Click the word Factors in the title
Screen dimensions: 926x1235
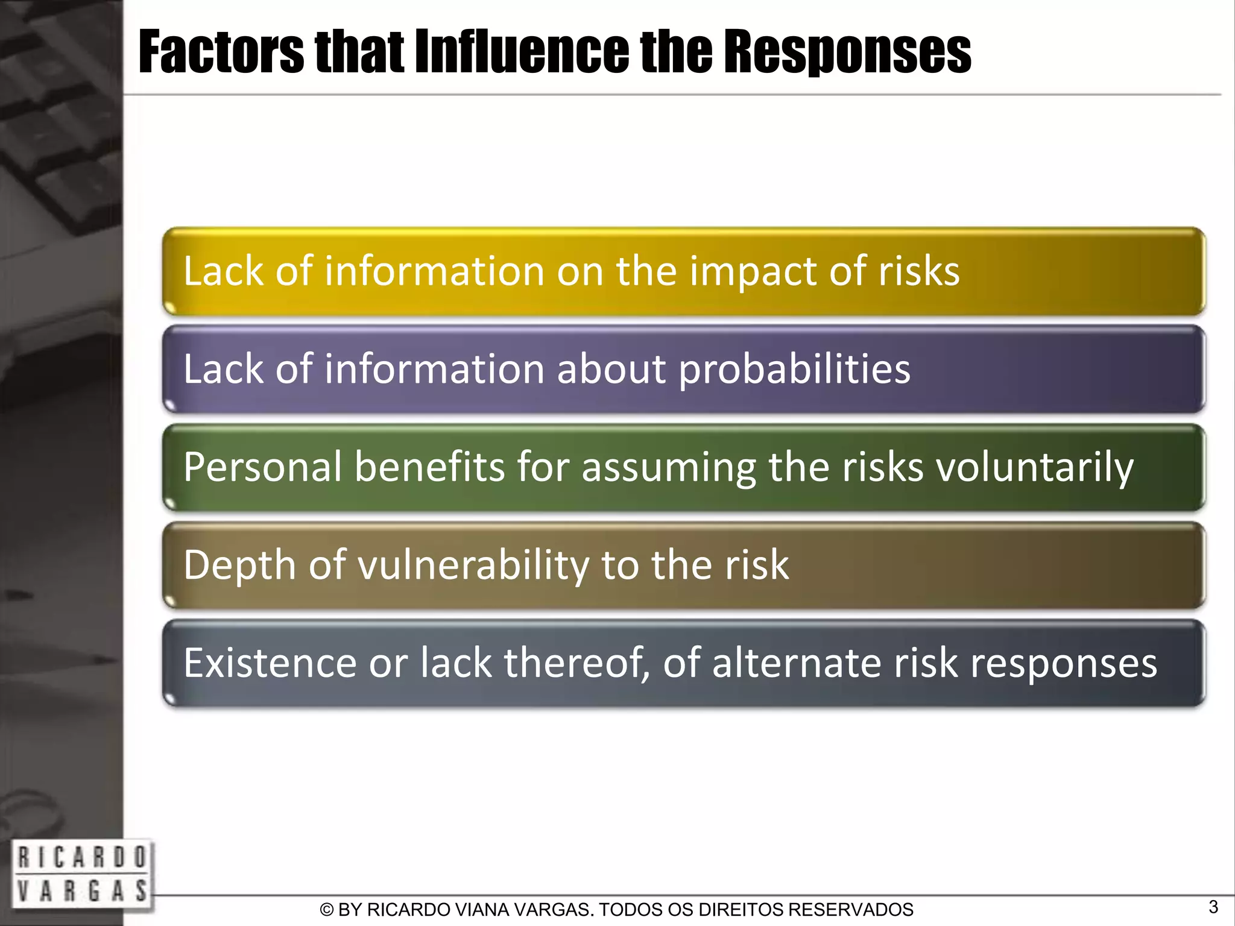(x=221, y=52)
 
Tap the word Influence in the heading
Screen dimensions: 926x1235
(x=522, y=52)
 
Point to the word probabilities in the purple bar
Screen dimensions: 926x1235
(x=794, y=369)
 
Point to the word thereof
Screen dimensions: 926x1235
(x=577, y=663)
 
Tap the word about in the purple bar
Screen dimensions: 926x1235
(x=611, y=369)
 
